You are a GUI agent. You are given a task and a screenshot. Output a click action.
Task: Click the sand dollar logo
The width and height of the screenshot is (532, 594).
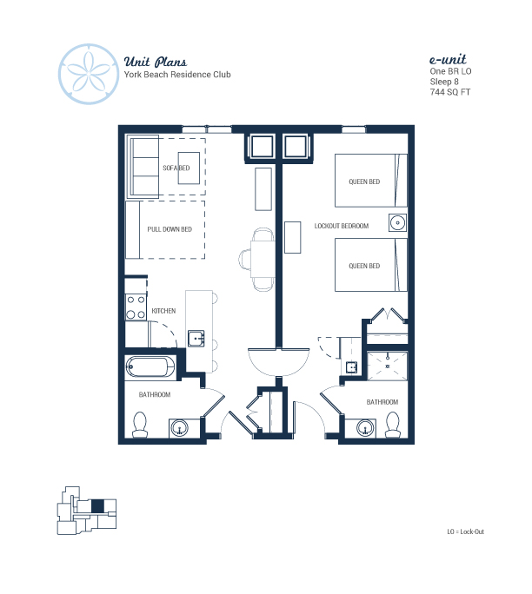click(89, 74)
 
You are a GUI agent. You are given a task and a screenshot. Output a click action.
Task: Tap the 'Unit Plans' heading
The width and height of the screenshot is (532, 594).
click(155, 62)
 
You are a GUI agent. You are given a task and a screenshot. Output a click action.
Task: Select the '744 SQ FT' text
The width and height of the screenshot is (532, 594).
click(450, 92)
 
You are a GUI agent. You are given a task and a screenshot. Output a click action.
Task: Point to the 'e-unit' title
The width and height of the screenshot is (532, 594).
click(448, 59)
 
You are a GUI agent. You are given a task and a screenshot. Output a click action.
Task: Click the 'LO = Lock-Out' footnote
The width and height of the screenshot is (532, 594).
click(466, 531)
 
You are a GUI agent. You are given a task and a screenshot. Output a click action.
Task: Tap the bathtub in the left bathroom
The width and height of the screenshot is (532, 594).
click(150, 367)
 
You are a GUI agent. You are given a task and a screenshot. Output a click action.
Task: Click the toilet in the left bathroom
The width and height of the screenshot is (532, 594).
click(140, 425)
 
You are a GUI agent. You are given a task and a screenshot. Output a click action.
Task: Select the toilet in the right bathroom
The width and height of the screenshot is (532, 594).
click(392, 425)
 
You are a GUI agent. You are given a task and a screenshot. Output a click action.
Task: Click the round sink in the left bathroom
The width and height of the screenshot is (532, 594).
click(179, 428)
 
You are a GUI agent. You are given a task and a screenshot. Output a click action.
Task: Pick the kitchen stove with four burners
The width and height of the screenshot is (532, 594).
click(136, 307)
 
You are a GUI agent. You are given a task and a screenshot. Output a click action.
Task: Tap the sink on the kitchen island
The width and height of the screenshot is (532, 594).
click(196, 339)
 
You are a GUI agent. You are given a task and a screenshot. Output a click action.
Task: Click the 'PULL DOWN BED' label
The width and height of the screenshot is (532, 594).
click(170, 229)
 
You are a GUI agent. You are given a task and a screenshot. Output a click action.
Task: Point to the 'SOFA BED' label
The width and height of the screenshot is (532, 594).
click(176, 168)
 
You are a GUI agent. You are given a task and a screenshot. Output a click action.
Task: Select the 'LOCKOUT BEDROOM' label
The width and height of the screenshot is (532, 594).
click(342, 226)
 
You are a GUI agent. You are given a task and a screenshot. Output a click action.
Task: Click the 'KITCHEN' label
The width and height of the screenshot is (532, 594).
click(163, 311)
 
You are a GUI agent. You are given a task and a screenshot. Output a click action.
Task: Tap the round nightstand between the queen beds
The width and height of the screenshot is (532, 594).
click(397, 222)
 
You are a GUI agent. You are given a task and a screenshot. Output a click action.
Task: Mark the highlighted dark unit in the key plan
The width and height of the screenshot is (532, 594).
click(97, 506)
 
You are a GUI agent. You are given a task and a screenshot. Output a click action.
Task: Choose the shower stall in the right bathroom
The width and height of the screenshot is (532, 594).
click(387, 366)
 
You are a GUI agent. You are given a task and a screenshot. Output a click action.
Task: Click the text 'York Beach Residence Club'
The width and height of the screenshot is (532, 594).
click(177, 75)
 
